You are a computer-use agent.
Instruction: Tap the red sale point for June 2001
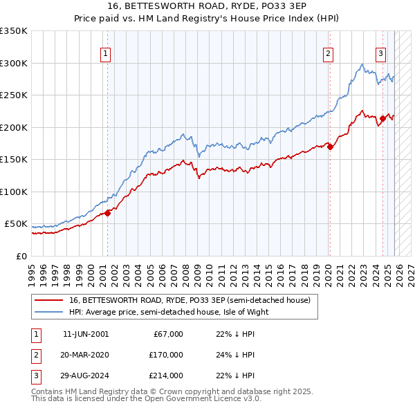tap(107, 213)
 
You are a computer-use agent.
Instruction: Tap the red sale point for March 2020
tap(330, 147)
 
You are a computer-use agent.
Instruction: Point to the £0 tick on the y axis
tap(21, 256)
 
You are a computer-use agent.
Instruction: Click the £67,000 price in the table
tap(167, 334)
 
